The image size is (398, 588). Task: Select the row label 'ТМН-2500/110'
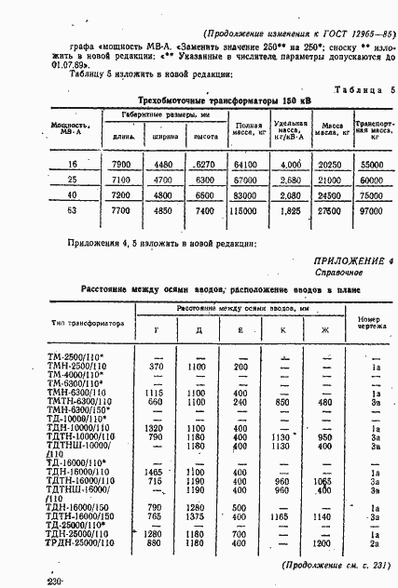tap(78, 367)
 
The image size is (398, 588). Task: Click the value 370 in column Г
tap(156, 367)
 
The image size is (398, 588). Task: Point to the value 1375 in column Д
tap(196, 514)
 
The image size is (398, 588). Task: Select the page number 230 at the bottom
tap(55, 581)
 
